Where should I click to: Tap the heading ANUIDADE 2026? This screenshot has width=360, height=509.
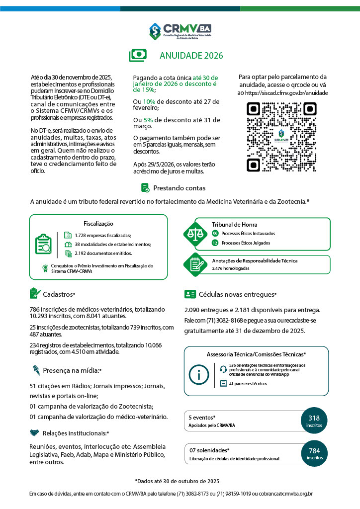191,56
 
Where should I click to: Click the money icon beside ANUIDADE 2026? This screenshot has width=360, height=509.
138,55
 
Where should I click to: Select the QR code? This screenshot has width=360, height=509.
282,136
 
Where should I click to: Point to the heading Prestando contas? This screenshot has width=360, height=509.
179,188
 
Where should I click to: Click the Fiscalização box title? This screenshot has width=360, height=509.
98,224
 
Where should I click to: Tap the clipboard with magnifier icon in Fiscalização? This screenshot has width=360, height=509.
44,244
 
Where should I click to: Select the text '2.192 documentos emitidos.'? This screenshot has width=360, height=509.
103,253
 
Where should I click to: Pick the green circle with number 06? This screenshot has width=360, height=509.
215,233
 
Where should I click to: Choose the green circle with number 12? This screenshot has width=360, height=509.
215,243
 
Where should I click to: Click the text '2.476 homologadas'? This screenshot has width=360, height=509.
231,268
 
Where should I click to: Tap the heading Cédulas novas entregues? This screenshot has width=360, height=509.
237,294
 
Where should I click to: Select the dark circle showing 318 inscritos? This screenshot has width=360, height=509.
314,421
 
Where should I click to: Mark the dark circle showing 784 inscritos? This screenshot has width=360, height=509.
314,453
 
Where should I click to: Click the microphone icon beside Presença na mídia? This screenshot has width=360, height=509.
36,370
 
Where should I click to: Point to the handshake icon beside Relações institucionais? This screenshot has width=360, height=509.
35,433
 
